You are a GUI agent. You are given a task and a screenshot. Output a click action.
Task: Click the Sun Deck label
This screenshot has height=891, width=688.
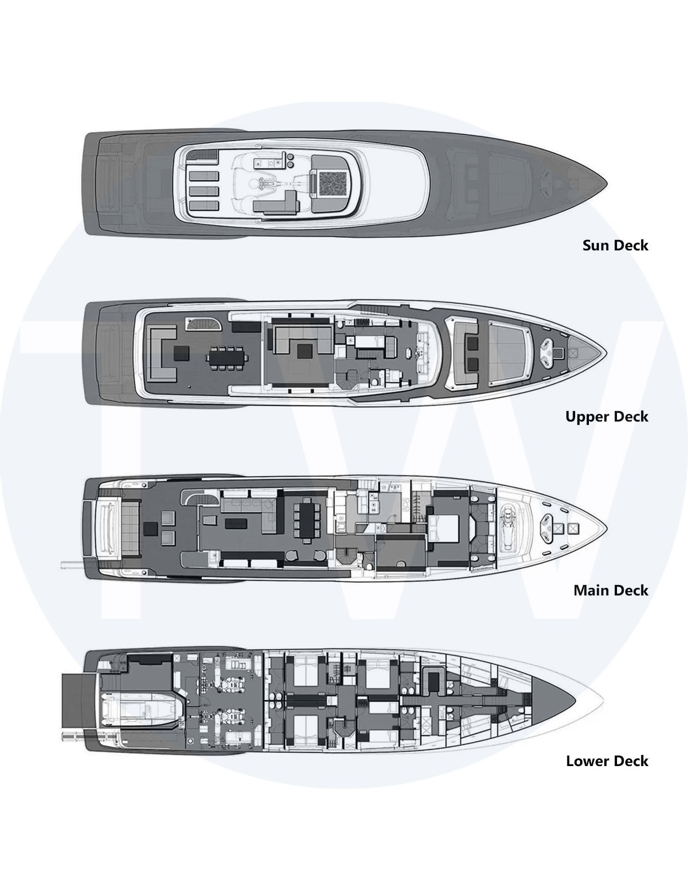tap(615, 245)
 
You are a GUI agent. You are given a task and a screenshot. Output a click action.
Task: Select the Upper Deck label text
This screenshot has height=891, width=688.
tap(607, 417)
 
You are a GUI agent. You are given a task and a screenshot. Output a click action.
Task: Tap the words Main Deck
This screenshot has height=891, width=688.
tap(611, 591)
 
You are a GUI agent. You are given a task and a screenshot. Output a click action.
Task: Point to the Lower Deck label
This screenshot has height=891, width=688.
tap(607, 761)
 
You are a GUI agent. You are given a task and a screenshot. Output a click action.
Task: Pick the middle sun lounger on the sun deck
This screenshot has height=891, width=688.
tap(204, 191)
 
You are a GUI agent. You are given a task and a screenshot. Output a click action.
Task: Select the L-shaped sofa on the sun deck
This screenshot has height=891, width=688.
tap(275, 204)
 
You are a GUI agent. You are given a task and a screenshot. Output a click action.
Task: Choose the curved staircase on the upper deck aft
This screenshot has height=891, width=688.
tap(203, 324)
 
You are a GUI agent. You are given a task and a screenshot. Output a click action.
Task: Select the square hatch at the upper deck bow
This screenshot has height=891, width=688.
tap(573, 353)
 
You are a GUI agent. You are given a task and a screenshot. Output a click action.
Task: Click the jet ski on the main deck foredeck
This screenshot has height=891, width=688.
tap(509, 526)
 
